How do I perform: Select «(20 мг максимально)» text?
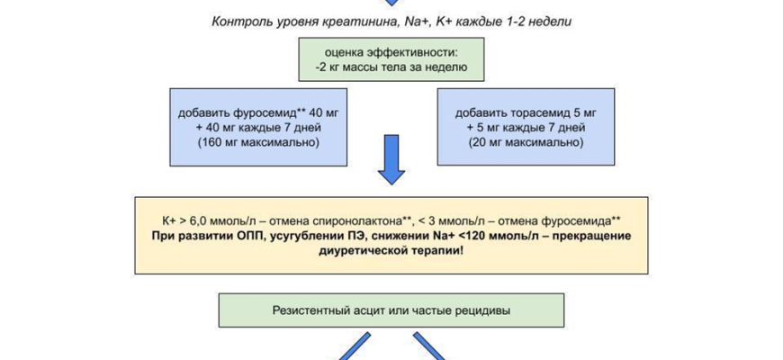click(x=526, y=142)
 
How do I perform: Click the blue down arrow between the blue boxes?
click(x=391, y=158)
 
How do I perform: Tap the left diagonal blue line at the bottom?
click(x=354, y=347)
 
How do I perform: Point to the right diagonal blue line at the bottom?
click(x=431, y=347)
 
